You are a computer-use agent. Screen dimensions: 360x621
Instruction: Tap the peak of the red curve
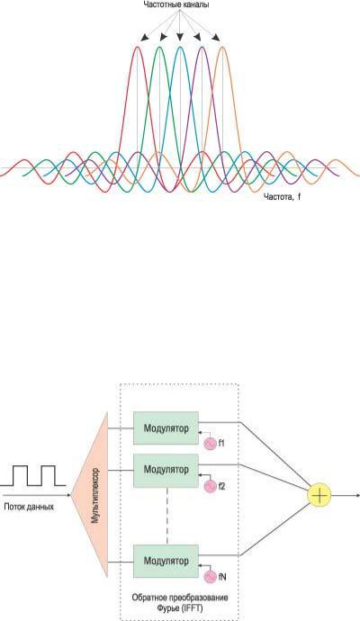[x=138, y=47]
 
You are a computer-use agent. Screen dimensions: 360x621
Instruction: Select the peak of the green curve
[x=159, y=47]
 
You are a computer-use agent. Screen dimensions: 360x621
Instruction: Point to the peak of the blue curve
[x=180, y=47]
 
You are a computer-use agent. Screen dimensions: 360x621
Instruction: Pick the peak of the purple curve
[x=202, y=47]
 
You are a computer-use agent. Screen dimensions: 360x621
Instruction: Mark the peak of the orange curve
[x=222, y=47]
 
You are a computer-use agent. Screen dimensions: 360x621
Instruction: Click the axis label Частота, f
[x=283, y=196]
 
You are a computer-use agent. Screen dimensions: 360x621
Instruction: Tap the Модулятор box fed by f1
[x=166, y=428]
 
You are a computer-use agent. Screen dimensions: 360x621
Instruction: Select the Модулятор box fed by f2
[x=166, y=470]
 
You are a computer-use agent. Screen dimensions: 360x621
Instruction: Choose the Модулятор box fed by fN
[x=166, y=562]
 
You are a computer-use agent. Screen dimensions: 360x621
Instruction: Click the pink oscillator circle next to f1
[x=211, y=444]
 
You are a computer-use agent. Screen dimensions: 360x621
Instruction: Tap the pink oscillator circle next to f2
[x=211, y=486]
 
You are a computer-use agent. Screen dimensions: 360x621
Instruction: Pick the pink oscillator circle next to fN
[x=211, y=577]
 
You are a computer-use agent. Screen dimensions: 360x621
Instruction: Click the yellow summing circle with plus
[x=319, y=495]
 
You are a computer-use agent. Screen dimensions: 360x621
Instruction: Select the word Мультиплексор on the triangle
[x=95, y=496]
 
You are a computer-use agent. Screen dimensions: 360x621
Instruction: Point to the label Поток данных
[x=29, y=507]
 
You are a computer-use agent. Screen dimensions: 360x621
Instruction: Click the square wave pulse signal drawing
[x=33, y=476]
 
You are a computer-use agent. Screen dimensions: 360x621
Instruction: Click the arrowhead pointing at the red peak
[x=145, y=38]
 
